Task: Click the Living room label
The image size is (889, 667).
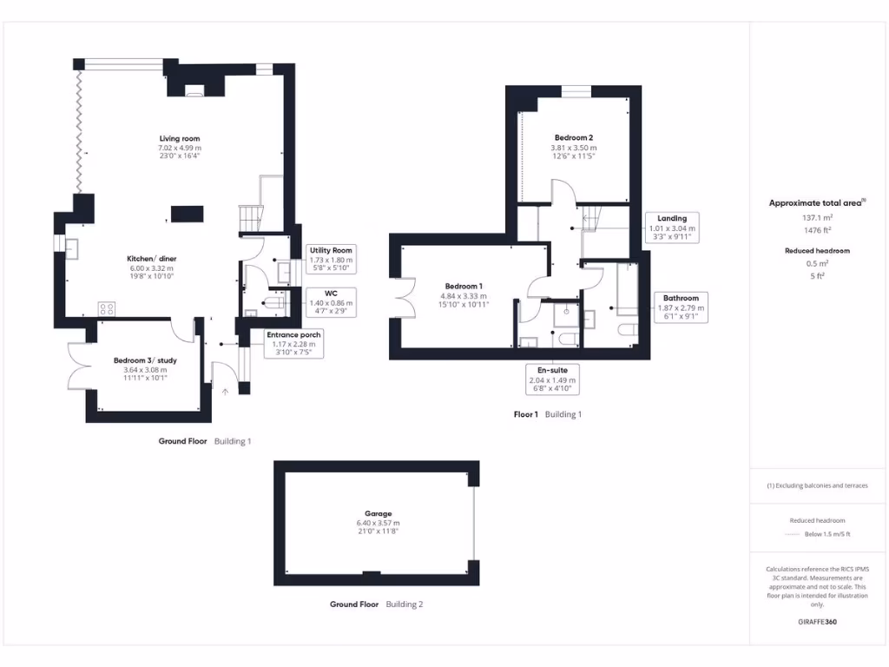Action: (x=180, y=139)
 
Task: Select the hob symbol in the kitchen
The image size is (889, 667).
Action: (x=109, y=308)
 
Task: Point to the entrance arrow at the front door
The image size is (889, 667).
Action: (x=226, y=392)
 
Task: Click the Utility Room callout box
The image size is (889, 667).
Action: (x=331, y=258)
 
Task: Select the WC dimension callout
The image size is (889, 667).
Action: (x=331, y=300)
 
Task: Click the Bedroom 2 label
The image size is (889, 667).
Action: (x=574, y=138)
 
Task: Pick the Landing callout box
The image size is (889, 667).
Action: (x=672, y=227)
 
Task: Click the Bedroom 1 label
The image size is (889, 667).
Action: (x=464, y=287)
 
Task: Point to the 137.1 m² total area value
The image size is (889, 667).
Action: (x=817, y=218)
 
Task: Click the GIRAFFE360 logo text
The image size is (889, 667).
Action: (x=817, y=622)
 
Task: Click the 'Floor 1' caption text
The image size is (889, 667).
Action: (x=524, y=414)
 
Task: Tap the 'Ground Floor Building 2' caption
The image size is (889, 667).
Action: (x=376, y=604)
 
